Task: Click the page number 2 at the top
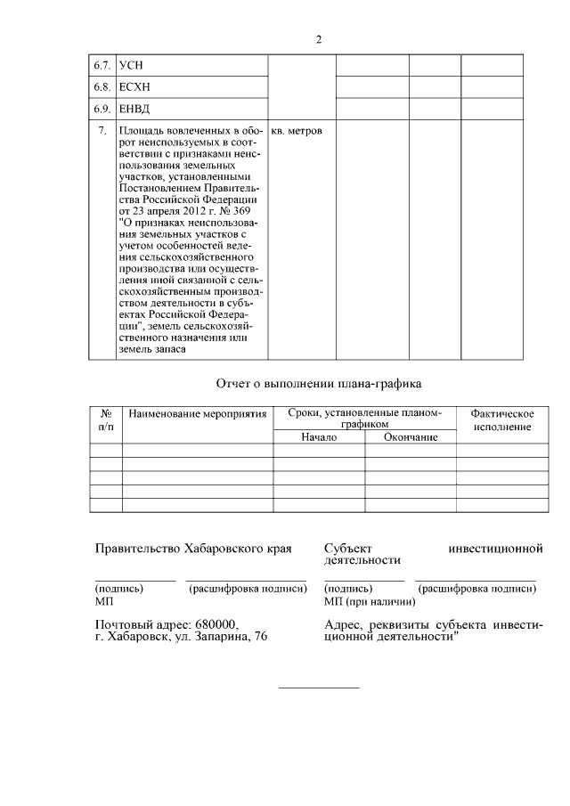tap(318, 39)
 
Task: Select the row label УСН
tap(131, 66)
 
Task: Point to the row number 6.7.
tap(103, 66)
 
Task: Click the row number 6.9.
tap(103, 110)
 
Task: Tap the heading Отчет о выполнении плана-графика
tap(318, 384)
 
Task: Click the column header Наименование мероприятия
tap(197, 415)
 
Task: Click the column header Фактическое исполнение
tap(502, 420)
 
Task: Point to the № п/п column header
tap(106, 420)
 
